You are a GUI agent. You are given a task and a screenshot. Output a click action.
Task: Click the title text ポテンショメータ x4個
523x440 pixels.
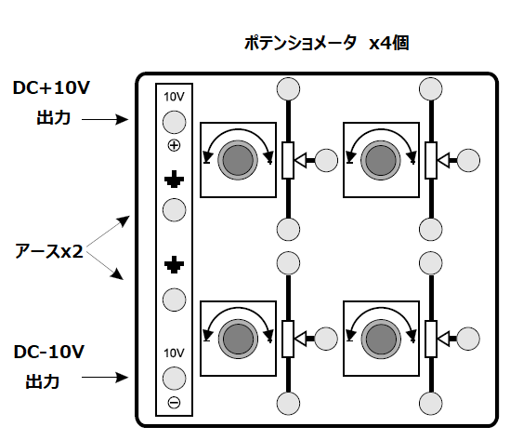pyautogui.click(x=327, y=43)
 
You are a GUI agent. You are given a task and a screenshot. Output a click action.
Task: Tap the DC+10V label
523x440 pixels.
pyautogui.click(x=51, y=87)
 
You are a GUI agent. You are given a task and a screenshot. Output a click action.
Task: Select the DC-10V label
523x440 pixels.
pyautogui.click(x=49, y=352)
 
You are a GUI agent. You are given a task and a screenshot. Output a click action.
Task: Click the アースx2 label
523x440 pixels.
pyautogui.click(x=48, y=251)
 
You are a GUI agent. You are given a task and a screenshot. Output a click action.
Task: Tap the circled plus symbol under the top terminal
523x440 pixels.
pyautogui.click(x=174, y=146)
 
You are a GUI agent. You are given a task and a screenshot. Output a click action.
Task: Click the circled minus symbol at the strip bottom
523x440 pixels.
pyautogui.click(x=174, y=402)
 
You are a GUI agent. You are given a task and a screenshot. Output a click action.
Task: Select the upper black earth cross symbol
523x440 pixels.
pyautogui.click(x=174, y=180)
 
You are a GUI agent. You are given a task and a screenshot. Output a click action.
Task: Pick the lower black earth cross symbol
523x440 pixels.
pyautogui.click(x=174, y=265)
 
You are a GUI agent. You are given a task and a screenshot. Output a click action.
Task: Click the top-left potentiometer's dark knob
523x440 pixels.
pyautogui.click(x=238, y=160)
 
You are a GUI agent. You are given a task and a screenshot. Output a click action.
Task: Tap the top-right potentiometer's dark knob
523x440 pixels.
pyautogui.click(x=381, y=160)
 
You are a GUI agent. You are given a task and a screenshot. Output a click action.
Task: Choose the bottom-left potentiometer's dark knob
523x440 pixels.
pyautogui.click(x=238, y=340)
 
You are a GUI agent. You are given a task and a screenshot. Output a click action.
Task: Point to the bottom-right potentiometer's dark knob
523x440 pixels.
pyautogui.click(x=381, y=340)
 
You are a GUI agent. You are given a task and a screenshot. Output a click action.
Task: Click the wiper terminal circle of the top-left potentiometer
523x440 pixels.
pyautogui.click(x=326, y=160)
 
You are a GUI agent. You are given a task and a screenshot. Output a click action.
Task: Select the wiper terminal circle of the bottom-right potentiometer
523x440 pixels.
pyautogui.click(x=468, y=339)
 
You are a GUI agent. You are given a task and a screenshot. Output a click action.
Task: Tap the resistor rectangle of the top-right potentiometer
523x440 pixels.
pyautogui.click(x=431, y=160)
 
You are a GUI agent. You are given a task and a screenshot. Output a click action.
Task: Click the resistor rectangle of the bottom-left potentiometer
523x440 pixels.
pyautogui.click(x=288, y=339)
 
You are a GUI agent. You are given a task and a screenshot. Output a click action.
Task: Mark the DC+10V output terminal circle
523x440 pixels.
pyautogui.click(x=174, y=122)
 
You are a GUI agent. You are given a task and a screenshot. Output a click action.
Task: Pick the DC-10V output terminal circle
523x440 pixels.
pyautogui.click(x=174, y=379)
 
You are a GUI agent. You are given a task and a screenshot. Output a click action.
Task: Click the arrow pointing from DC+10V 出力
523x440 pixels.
pyautogui.click(x=105, y=119)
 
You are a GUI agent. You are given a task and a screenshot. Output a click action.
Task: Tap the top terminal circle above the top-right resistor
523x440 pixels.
pyautogui.click(x=431, y=89)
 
